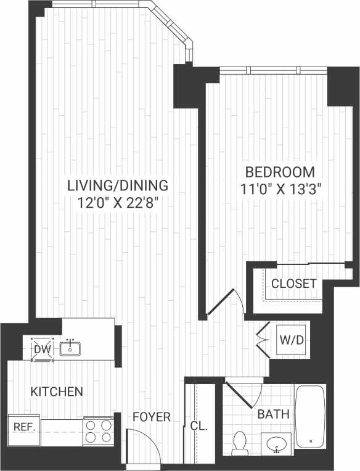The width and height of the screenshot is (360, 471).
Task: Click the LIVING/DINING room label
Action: [117, 185]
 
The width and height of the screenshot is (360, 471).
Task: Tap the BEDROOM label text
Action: [279, 172]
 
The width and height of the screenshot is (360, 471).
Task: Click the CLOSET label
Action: [294, 284]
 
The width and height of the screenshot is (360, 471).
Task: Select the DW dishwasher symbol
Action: [43, 349]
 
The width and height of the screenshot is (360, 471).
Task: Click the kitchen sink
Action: [71, 348]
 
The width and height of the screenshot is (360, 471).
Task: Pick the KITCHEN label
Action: [57, 391]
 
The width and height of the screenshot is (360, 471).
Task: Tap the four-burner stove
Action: [99, 432]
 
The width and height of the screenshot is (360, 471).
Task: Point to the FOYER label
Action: [152, 417]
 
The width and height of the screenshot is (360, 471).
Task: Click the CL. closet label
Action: [199, 426]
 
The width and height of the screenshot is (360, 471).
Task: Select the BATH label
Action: [273, 414]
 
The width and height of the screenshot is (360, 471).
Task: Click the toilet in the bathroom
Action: [240, 443]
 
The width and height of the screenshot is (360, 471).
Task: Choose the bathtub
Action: [310, 417]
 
